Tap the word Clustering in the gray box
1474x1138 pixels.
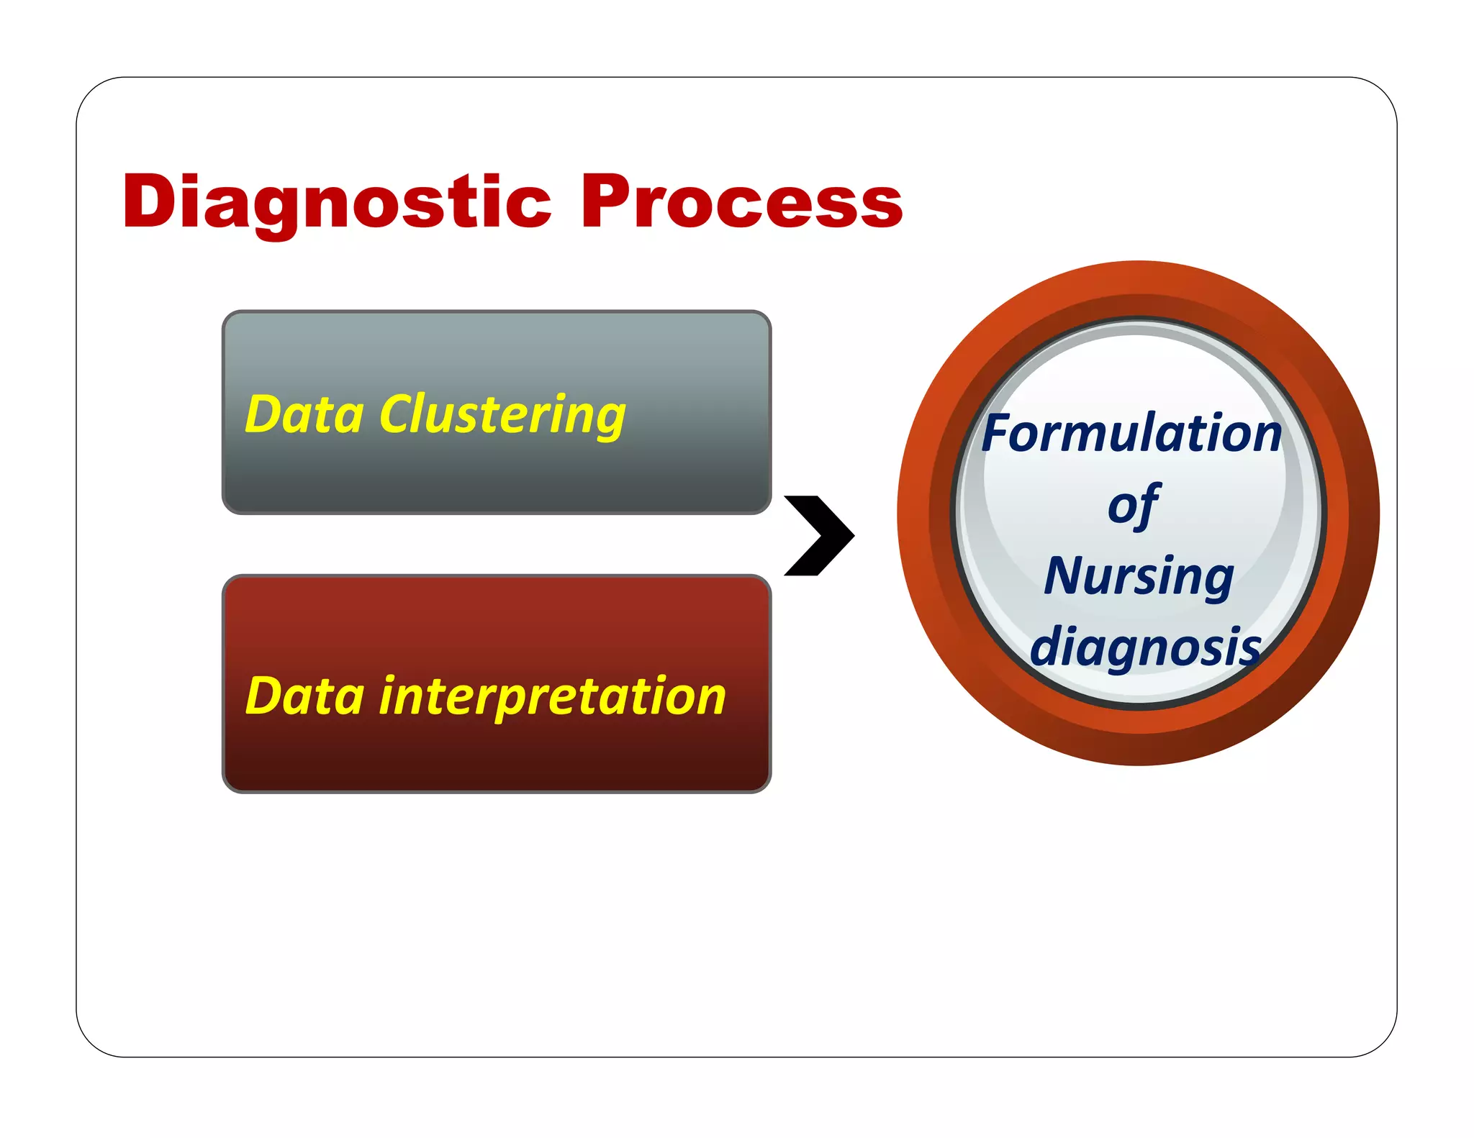[502, 415]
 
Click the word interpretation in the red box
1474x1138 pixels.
[552, 696]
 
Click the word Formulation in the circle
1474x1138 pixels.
[1131, 434]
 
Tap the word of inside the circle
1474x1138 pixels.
[1134, 505]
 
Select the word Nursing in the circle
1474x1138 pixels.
[1139, 576]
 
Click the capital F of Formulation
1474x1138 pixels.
[998, 434]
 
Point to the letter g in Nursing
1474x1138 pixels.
[1217, 581]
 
